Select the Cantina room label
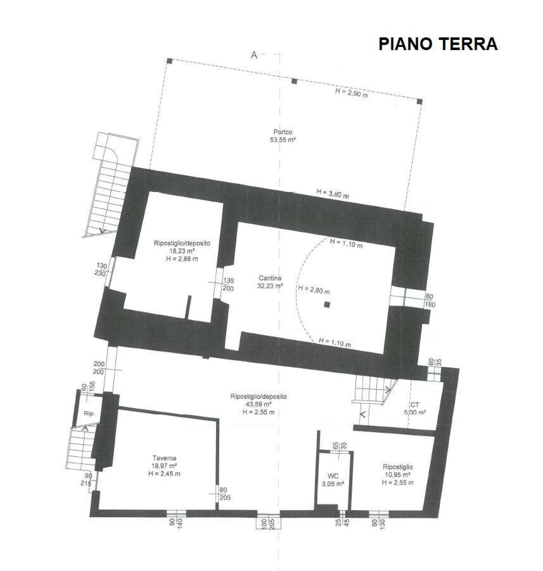click(270, 278)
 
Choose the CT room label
click(415, 405)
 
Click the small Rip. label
click(89, 414)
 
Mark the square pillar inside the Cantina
click(327, 305)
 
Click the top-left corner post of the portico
click(170, 61)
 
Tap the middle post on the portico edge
click(294, 81)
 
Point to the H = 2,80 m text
click(313, 289)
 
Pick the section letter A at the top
click(254, 55)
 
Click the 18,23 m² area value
click(182, 251)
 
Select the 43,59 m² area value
click(259, 404)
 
